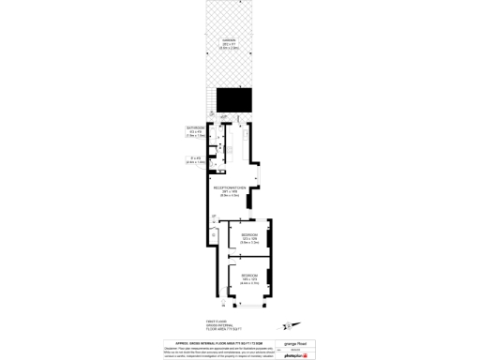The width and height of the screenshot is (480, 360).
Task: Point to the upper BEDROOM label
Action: pyautogui.click(x=249, y=233)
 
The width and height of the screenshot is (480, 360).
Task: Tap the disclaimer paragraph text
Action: pyautogui.click(x=225, y=351)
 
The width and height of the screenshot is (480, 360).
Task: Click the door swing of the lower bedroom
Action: pyautogui.click(x=232, y=272)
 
